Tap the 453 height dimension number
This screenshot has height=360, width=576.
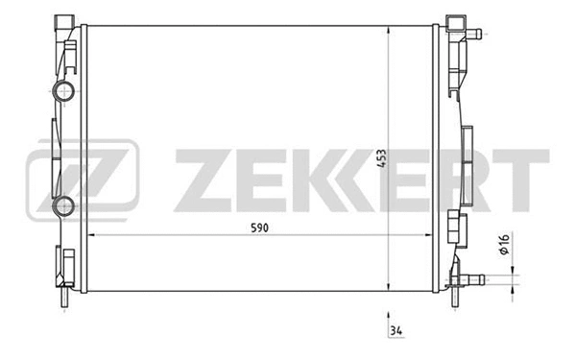click(382, 160)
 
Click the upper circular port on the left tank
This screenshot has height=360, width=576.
click(65, 93)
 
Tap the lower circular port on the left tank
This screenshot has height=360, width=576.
click(65, 204)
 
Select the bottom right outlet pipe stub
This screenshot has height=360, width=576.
click(471, 280)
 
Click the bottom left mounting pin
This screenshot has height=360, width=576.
click(65, 300)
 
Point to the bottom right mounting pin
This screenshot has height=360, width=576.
click(449, 300)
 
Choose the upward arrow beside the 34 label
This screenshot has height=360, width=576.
click(388, 317)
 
